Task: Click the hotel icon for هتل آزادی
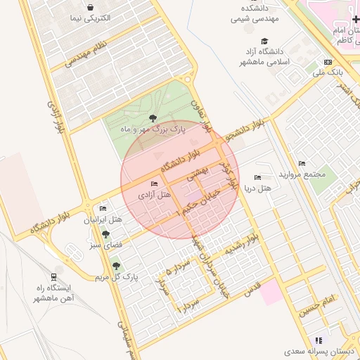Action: pyautogui.click(x=155, y=184)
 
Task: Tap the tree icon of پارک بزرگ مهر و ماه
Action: pyautogui.click(x=153, y=118)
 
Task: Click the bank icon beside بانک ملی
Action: pyautogui.click(x=328, y=62)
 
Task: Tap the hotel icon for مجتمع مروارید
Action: pyautogui.click(x=302, y=163)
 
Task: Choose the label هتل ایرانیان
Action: pyautogui.click(x=103, y=219)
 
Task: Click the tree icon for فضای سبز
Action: pyautogui.click(x=105, y=234)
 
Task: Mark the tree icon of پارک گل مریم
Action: pyautogui.click(x=116, y=266)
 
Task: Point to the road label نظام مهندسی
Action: pyautogui.click(x=89, y=55)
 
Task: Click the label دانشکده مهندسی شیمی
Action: pyautogui.click(x=257, y=13)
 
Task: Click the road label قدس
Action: pyautogui.click(x=252, y=286)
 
